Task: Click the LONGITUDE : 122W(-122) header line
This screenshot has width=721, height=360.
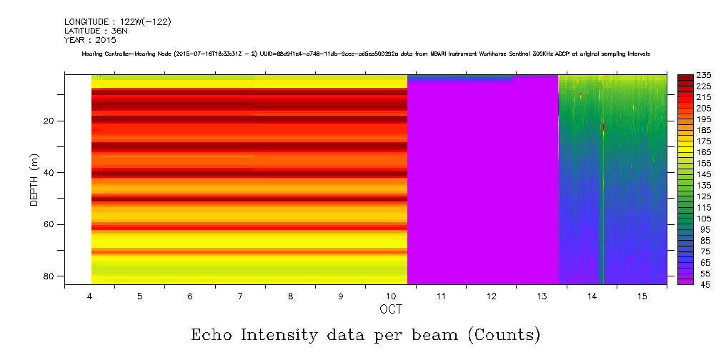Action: coord(117,22)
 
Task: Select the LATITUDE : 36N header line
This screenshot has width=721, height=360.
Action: coord(96,31)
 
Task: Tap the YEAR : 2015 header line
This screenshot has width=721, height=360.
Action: coord(90,41)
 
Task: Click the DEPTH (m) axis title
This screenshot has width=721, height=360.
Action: coord(34,179)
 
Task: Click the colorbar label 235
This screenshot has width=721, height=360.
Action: coord(702,75)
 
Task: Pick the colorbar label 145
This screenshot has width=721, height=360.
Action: coord(702,174)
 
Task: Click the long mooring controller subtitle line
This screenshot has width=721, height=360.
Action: coord(365,54)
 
